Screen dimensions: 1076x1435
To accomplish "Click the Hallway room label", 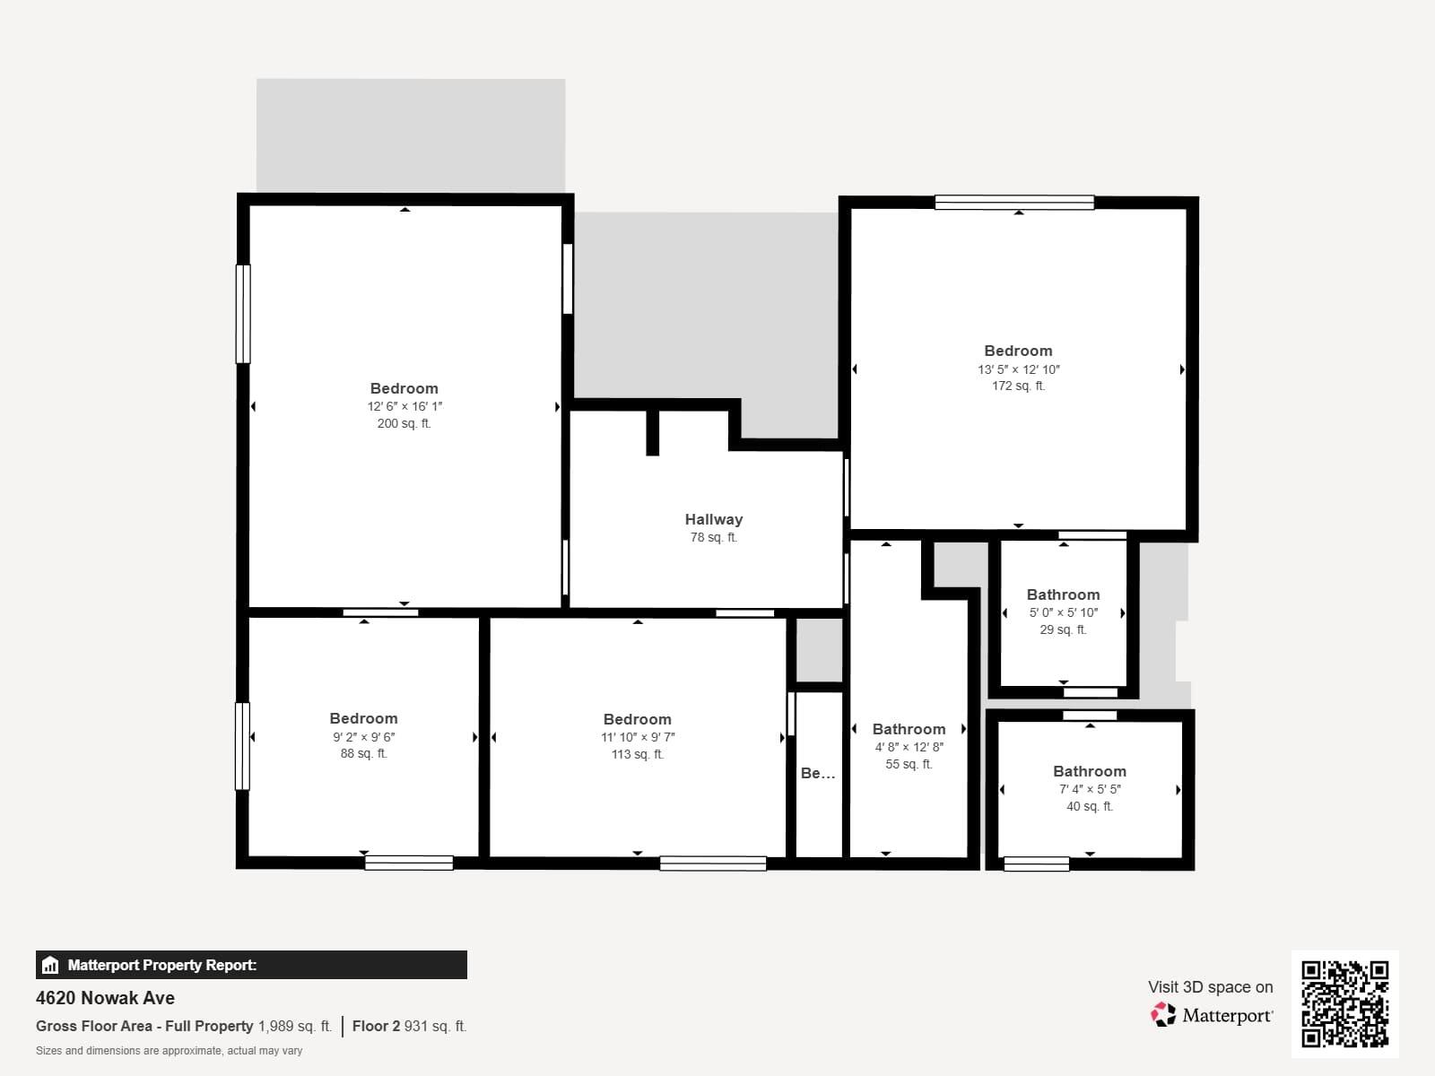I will [713, 519].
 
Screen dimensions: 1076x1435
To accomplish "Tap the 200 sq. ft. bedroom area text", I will [404, 423].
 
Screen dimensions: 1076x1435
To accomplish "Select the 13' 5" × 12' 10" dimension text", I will [1018, 369].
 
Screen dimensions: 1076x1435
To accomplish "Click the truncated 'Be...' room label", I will [817, 773].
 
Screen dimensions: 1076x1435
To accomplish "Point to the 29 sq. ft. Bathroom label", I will [1063, 594].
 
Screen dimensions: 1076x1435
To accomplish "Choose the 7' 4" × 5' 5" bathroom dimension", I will [1090, 789].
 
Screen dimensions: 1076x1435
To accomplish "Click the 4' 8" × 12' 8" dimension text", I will [909, 747].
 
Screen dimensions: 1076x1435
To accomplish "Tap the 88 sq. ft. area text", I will [363, 753].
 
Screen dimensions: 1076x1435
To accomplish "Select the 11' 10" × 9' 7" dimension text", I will [637, 737].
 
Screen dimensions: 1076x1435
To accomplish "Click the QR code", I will [1344, 1003].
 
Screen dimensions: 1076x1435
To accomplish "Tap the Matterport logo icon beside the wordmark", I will [1163, 1014].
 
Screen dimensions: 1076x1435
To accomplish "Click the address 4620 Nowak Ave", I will [105, 998].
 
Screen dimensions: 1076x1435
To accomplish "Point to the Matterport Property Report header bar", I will [251, 965].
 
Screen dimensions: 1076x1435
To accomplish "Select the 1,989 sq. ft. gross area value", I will [295, 1026].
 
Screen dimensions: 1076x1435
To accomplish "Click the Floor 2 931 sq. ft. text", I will [409, 1026].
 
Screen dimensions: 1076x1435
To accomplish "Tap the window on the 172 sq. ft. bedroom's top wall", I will [1014, 203].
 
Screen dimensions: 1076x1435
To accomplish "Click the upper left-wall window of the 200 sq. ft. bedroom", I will [242, 314].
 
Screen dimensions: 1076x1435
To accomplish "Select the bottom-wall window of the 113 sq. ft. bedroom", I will [713, 863].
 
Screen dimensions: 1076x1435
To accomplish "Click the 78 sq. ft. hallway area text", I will [713, 537].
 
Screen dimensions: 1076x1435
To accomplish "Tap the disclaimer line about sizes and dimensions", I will [169, 1051].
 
